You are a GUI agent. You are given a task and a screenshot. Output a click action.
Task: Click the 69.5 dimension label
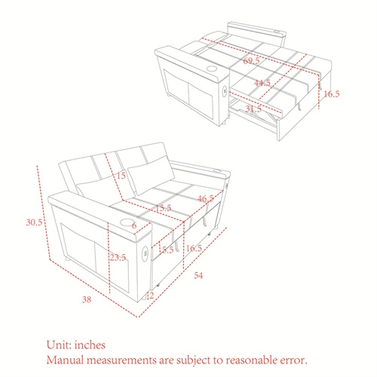click(x=251, y=60)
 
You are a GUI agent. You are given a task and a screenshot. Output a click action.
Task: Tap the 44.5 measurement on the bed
click(x=262, y=83)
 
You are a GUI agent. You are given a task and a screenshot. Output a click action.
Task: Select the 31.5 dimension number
click(x=253, y=109)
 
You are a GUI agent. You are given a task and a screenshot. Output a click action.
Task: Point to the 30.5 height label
click(x=34, y=222)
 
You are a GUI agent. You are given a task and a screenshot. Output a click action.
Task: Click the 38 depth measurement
click(x=87, y=299)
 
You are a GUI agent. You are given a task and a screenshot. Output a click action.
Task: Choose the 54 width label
click(x=198, y=275)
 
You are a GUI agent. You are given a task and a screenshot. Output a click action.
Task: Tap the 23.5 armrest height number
click(x=118, y=257)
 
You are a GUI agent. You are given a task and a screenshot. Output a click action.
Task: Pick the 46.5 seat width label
click(x=206, y=198)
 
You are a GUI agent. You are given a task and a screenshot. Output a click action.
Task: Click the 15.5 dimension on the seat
click(x=164, y=208)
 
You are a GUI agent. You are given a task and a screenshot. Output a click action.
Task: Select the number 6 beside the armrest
click(x=134, y=225)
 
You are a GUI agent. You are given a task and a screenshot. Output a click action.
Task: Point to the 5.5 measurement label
click(x=167, y=250)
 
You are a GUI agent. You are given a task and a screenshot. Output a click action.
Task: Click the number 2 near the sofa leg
click(x=151, y=296)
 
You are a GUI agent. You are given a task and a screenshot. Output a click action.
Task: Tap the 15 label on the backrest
click(x=121, y=176)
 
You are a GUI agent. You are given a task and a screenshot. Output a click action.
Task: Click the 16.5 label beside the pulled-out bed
click(x=332, y=94)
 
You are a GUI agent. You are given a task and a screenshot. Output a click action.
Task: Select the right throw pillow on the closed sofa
click(x=151, y=175)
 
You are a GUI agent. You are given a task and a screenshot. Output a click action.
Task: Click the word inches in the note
click(x=90, y=345)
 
